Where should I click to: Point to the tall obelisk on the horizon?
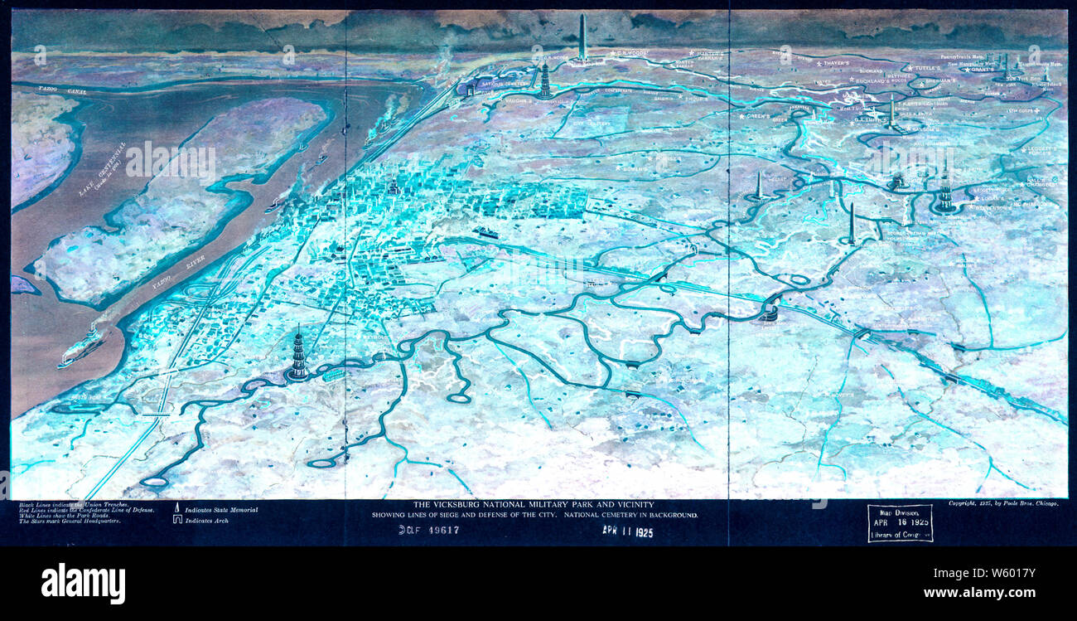coord(582,38)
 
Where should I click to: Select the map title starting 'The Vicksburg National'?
coord(534,504)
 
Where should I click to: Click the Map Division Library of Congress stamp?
coord(900,523)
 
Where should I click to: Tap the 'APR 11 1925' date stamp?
coord(627,531)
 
